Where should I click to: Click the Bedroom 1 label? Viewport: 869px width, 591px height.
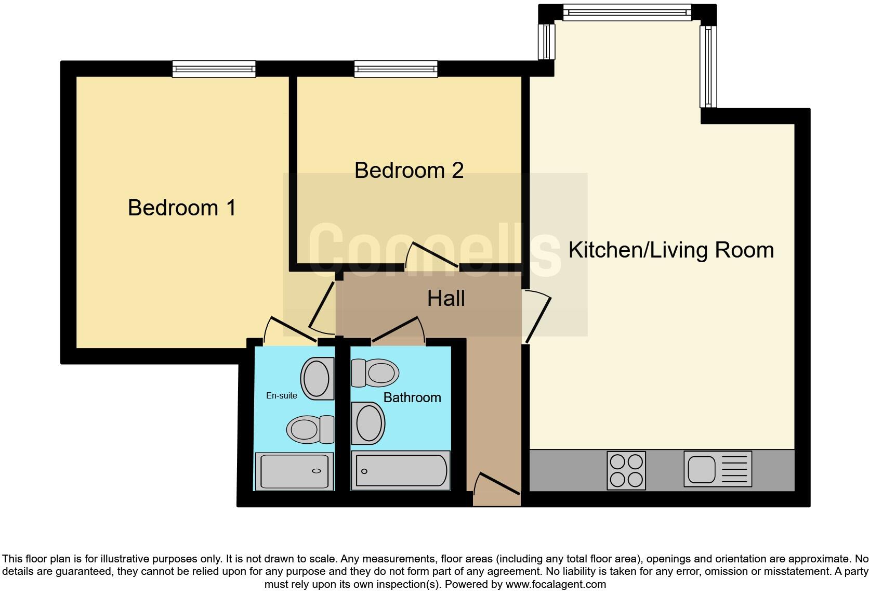point(182,208)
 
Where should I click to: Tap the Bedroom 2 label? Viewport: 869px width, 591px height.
point(409,171)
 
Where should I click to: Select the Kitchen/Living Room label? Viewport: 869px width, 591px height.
point(671,250)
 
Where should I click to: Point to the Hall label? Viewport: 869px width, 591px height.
point(446,299)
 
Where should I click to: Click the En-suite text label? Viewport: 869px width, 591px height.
point(282,396)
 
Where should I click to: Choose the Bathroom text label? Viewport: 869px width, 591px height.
point(412,397)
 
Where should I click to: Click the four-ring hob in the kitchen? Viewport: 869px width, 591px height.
point(626,470)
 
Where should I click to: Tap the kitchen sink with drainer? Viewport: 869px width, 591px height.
point(717,469)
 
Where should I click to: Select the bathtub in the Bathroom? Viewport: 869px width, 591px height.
point(401,470)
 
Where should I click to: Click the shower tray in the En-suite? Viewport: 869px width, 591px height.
point(295,471)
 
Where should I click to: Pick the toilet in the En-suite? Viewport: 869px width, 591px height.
point(310,429)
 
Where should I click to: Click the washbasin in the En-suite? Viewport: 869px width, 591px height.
point(317,378)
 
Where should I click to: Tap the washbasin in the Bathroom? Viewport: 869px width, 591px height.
point(368,423)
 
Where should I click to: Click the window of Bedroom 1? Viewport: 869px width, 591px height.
point(214,69)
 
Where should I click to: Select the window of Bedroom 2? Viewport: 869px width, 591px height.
point(396,69)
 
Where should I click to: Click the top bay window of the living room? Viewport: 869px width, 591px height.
point(627,12)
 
